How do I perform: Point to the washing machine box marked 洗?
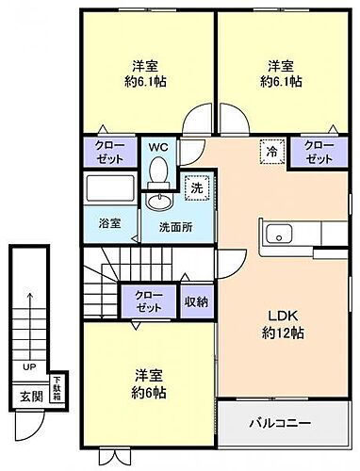[196, 187]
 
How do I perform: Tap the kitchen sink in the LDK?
[279, 235]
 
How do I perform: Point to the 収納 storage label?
[196, 301]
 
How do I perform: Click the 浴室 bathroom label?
[109, 223]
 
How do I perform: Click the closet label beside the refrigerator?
[319, 152]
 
